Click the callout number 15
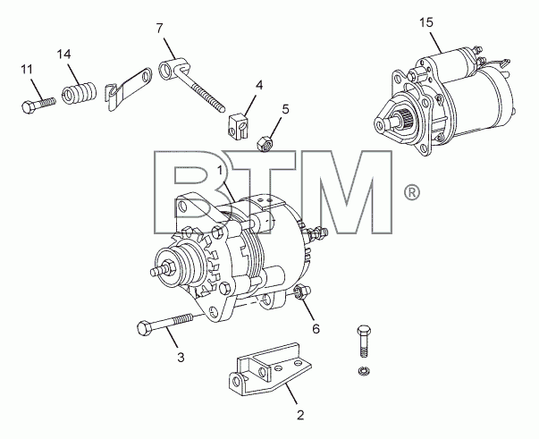point(425,23)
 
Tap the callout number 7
point(159,29)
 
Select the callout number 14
point(64,55)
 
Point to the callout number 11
point(27,70)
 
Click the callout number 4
point(259,85)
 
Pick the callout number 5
point(285,110)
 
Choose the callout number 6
point(316,329)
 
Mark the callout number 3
point(181,357)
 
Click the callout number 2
point(300,415)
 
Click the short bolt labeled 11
point(38,104)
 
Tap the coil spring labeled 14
point(80,93)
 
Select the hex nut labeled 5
point(265,144)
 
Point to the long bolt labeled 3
point(164,323)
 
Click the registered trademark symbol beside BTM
point(412,193)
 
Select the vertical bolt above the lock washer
point(364,341)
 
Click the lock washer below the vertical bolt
point(364,371)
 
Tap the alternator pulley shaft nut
point(169,266)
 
